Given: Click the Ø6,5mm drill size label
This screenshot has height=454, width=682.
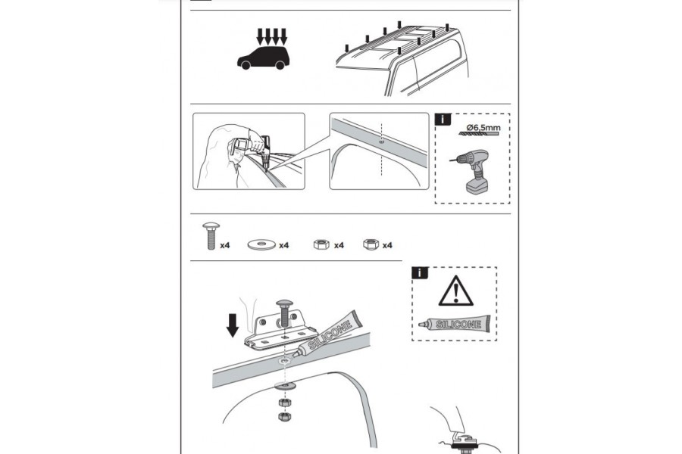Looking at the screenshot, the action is tap(483, 128).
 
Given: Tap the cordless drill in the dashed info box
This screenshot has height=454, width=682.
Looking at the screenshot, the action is tap(472, 172).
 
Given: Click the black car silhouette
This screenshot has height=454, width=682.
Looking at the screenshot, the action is tap(263, 58).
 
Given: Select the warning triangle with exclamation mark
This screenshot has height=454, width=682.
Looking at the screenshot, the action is tap(455, 291).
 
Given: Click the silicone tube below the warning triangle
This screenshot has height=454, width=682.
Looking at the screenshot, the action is tap(454, 324).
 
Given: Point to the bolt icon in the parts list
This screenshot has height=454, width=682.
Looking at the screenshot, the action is tap(211, 236).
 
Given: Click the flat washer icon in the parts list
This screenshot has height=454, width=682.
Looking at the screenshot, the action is tap(261, 244).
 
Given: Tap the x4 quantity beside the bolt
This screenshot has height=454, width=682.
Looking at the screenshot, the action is tap(225, 245).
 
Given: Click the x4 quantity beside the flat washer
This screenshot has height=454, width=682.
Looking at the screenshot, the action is tap(284, 245).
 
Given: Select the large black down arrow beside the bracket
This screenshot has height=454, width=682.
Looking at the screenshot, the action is tap(233, 326).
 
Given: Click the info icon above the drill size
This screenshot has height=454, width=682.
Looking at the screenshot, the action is tap(443, 119).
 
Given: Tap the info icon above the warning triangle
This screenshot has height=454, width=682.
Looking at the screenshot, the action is tap(420, 273).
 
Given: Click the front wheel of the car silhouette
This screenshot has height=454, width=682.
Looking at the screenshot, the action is tap(246, 65).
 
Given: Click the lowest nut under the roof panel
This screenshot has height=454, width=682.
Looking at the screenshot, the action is tap(285, 416).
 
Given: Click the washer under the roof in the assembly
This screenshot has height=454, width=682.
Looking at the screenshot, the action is tap(286, 385).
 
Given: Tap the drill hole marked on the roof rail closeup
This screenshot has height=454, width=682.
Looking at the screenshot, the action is tap(381, 141).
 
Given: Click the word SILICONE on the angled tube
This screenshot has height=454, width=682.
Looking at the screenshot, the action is tap(330, 335).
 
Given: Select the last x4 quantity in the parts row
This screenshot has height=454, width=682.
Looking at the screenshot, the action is tap(387, 245).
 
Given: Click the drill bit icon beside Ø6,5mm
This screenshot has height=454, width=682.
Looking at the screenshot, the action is tap(479, 133).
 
